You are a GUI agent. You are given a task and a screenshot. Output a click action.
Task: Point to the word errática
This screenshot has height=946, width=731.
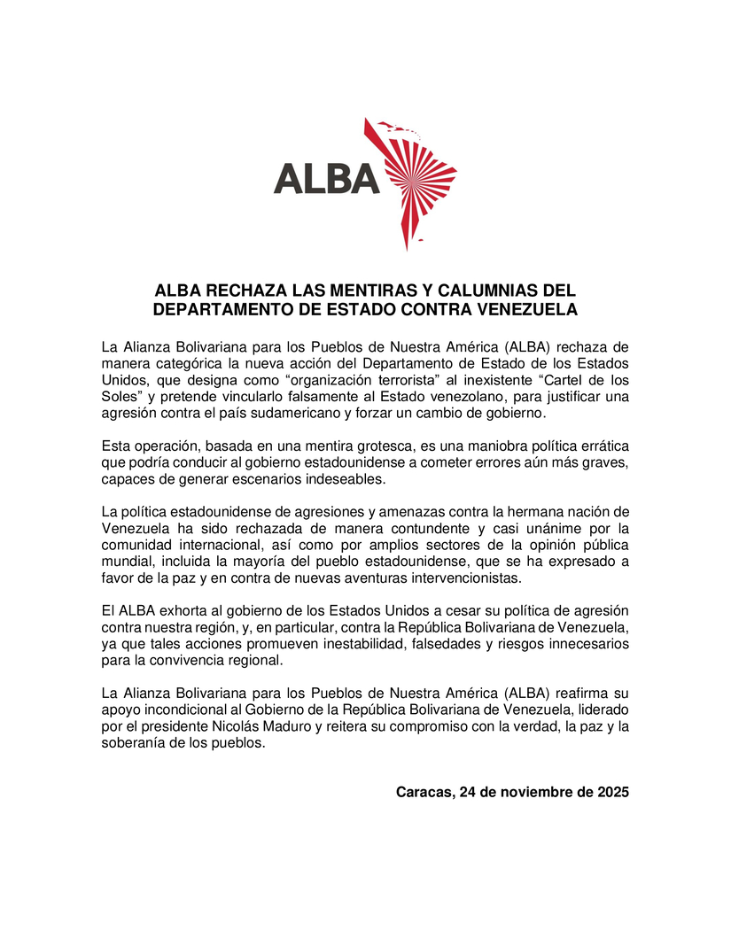603,446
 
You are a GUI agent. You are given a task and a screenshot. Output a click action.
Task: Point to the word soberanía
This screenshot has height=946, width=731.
131,744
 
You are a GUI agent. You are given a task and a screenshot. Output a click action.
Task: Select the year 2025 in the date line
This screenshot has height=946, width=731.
610,792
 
